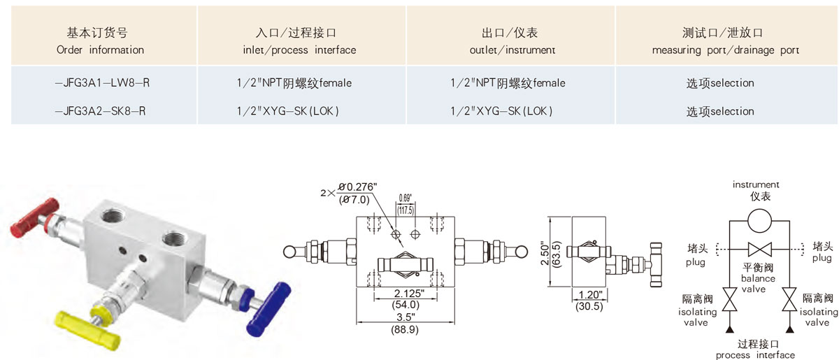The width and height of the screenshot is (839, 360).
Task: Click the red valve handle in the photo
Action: pyautogui.click(x=34, y=218)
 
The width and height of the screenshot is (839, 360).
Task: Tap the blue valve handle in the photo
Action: pyautogui.click(x=268, y=309)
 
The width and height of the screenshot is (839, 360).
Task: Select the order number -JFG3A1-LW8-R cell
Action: pyautogui.click(x=102, y=82)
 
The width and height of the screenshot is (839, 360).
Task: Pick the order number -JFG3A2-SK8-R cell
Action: pyautogui.click(x=101, y=111)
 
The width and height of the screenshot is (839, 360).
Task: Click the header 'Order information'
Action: pyautogui.click(x=100, y=50)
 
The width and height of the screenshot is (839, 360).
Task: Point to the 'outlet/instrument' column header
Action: pyautogui.click(x=512, y=50)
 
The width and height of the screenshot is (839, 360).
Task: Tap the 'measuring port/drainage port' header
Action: pyautogui.click(x=726, y=50)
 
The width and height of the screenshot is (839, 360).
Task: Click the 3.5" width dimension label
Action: pyautogui.click(x=406, y=317)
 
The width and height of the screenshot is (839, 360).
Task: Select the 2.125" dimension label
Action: pyautogui.click(x=409, y=293)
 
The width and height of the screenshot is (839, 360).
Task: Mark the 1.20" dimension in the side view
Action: pyautogui.click(x=590, y=294)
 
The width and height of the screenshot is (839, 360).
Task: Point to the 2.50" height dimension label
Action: pyautogui.click(x=545, y=254)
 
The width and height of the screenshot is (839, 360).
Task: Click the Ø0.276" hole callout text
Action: pyautogui.click(x=358, y=187)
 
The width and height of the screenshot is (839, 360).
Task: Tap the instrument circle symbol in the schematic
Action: pyautogui.click(x=759, y=221)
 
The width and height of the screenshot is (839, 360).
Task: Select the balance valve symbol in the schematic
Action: pyautogui.click(x=759, y=249)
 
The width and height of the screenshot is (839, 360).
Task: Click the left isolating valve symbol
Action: pyautogui.click(x=729, y=299)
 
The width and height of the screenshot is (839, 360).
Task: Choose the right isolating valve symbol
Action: pyautogui.click(x=789, y=299)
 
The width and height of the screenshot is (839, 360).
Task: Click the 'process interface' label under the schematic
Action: pyautogui.click(x=755, y=354)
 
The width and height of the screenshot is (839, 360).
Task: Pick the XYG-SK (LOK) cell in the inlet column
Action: pyautogui.click(x=287, y=111)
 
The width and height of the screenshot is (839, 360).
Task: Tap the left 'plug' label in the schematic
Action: pyautogui.click(x=696, y=263)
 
